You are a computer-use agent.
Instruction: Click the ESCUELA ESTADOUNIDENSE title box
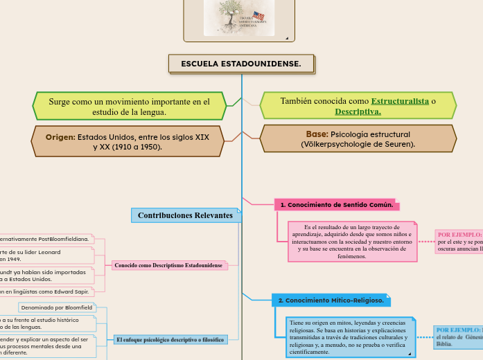coord(241,64)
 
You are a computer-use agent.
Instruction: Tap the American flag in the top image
coord(258,16)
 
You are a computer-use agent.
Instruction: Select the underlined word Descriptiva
coord(358,111)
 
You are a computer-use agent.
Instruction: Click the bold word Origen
coord(60,137)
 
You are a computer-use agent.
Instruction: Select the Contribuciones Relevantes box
coord(185,215)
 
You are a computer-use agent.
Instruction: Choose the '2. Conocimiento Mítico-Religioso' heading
coord(331,300)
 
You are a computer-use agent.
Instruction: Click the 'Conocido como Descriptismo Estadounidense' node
coord(168,265)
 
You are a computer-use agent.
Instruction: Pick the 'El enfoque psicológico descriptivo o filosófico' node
coord(170,340)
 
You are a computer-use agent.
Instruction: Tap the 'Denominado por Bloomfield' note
coord(55,307)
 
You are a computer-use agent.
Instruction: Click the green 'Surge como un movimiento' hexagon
coord(129,106)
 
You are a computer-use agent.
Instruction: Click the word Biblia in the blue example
coord(444,343)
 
